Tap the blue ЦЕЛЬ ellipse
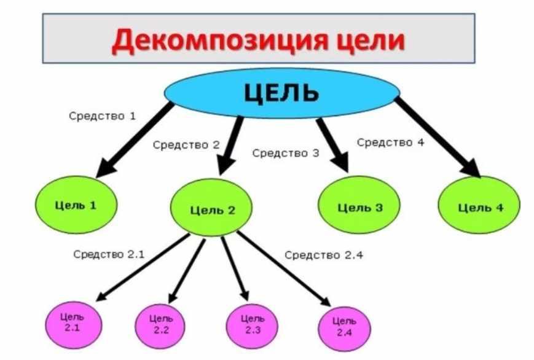pos(282,93)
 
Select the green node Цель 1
pos(76,205)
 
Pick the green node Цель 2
pos(211,208)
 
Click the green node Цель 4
pos(479,205)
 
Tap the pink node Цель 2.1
pos(74,325)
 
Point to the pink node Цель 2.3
pos(252,326)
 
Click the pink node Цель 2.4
pos(344,329)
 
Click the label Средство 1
pos(102,115)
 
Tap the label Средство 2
pos(186,145)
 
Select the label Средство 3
pos(286,153)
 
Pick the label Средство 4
pos(390,142)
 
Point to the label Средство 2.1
pos(109,254)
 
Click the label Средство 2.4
pos(323,255)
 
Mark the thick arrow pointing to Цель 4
pos(438,138)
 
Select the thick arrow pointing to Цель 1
pos(135,139)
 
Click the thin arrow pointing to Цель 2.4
pos(284,268)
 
